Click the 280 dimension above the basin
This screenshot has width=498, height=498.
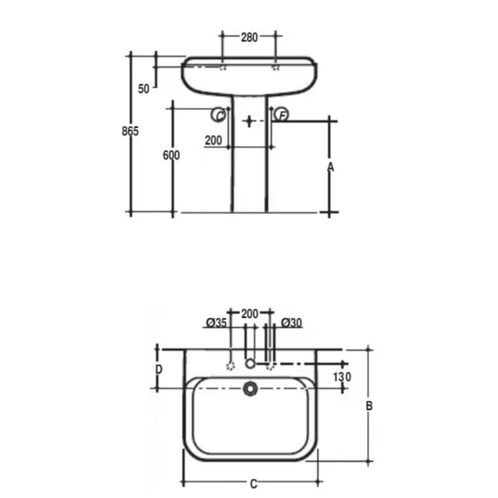click(249, 37)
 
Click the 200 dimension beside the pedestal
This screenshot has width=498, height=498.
click(212, 141)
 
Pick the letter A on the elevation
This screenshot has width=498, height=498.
click(330, 166)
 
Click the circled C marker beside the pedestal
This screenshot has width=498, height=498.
click(221, 116)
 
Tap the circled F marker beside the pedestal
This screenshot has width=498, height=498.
click(281, 115)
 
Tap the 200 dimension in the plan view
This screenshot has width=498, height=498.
click(250, 313)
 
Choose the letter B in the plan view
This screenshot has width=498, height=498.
click(369, 405)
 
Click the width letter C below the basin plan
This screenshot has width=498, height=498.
click(253, 482)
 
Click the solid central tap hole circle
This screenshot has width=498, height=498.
click(250, 364)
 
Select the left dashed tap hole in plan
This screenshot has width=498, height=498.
click(230, 364)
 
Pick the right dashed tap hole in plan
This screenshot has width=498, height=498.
click(270, 364)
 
